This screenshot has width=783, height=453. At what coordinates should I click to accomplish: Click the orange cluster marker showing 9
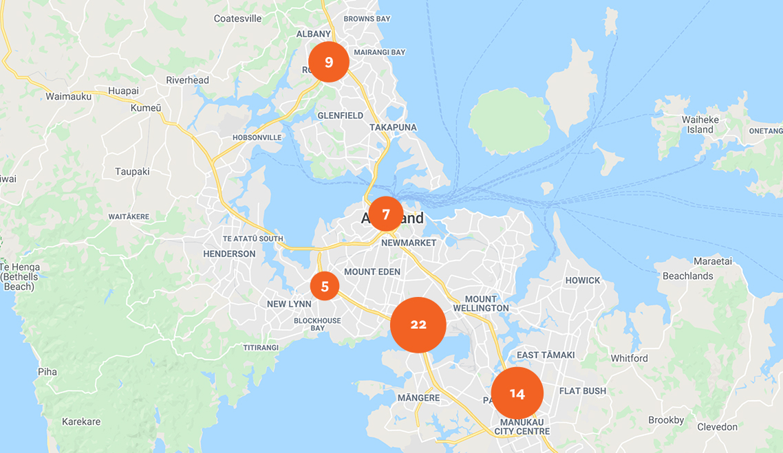[329, 62]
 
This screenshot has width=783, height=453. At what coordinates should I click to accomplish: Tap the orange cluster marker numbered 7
[386, 214]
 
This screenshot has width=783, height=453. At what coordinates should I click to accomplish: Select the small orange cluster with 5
[325, 286]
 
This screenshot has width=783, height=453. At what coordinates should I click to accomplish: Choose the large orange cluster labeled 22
[418, 325]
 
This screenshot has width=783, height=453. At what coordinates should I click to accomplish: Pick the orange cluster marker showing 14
[517, 393]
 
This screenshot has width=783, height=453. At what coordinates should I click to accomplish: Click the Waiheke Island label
[700, 124]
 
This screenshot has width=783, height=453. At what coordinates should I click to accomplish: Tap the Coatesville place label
[238, 19]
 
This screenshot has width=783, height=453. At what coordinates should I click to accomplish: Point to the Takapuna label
[393, 127]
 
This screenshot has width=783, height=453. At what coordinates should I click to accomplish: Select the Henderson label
[229, 254]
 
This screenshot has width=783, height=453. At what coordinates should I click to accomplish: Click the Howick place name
[583, 280]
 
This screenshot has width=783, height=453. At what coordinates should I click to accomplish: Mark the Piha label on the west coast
[47, 372]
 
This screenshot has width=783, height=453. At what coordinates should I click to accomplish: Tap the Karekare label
[81, 421]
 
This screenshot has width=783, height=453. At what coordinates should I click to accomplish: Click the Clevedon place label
[717, 427]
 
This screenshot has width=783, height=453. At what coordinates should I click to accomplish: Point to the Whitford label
[629, 358]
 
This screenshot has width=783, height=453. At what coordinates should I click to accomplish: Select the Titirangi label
[261, 348]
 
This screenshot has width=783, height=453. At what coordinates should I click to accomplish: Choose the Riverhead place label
[187, 80]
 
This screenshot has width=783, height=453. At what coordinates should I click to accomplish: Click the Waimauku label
[68, 97]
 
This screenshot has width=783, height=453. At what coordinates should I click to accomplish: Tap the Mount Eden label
[372, 272]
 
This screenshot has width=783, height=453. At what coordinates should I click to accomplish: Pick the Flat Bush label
[583, 391]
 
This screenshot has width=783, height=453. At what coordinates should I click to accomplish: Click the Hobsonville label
[257, 137]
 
